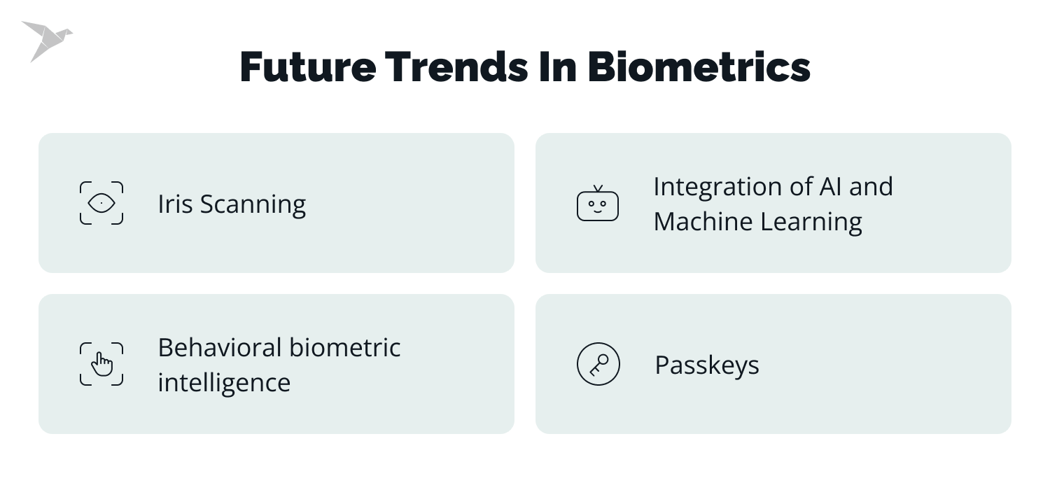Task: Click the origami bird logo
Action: point(45,40)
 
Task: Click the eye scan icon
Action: point(101,203)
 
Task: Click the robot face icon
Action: point(598,205)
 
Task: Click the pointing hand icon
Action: point(101,364)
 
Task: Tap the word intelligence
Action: point(223,383)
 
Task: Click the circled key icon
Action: point(598,364)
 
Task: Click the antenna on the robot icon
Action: point(598,188)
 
